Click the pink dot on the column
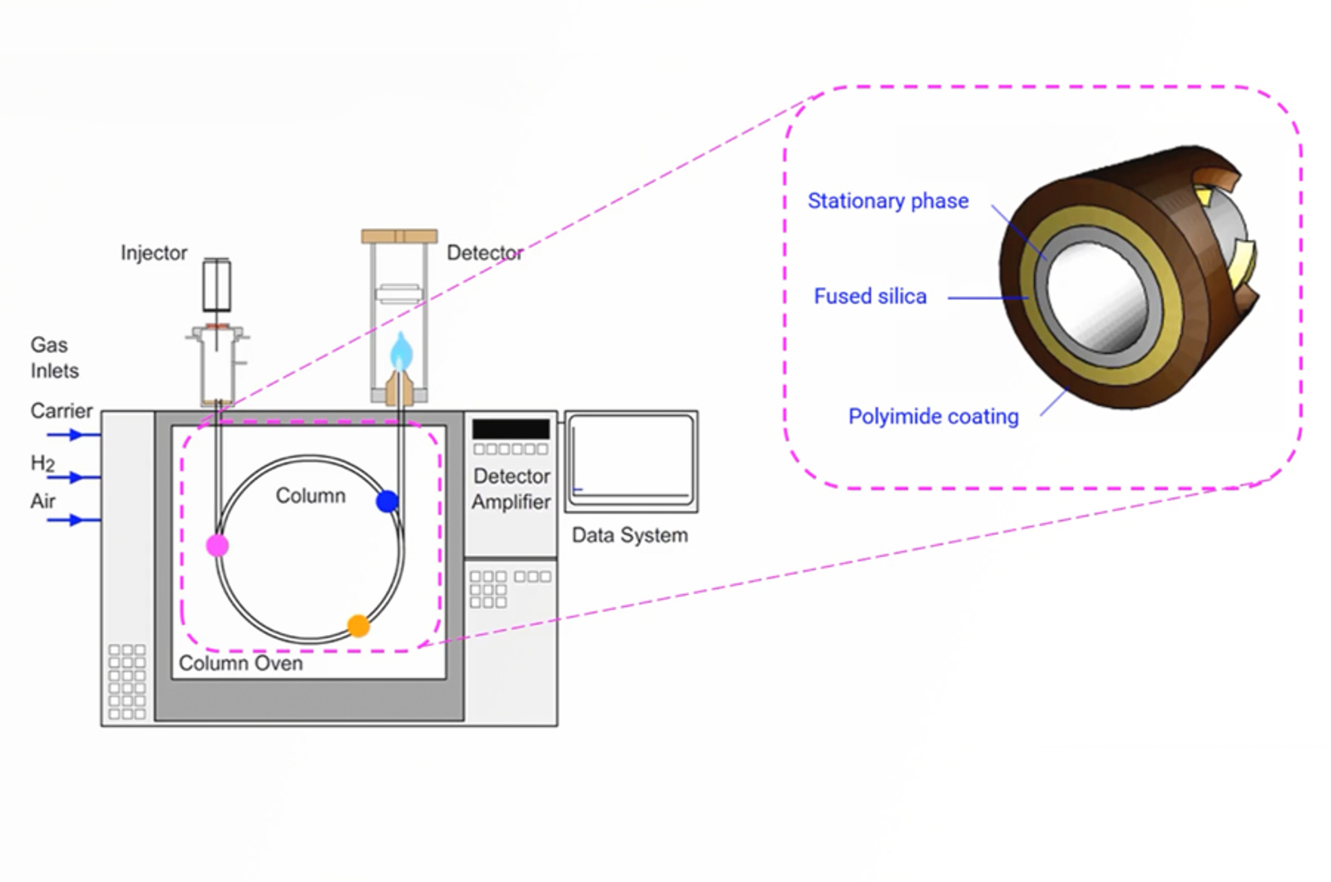[217, 546]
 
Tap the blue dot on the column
[387, 502]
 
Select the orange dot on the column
[358, 626]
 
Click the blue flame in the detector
[401, 352]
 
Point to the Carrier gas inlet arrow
[73, 434]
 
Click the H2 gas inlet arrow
[73, 478]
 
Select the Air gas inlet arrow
[73, 520]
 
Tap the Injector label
[154, 253]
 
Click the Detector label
[484, 253]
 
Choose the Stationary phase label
[888, 201]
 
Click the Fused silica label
[869, 296]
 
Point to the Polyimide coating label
[933, 416]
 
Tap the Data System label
[630, 535]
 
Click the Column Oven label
[240, 663]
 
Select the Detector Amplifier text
[511, 489]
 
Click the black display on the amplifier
[511, 429]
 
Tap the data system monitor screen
[631, 459]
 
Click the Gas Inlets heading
[54, 358]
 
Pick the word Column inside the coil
[310, 496]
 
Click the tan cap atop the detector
[399, 236]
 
